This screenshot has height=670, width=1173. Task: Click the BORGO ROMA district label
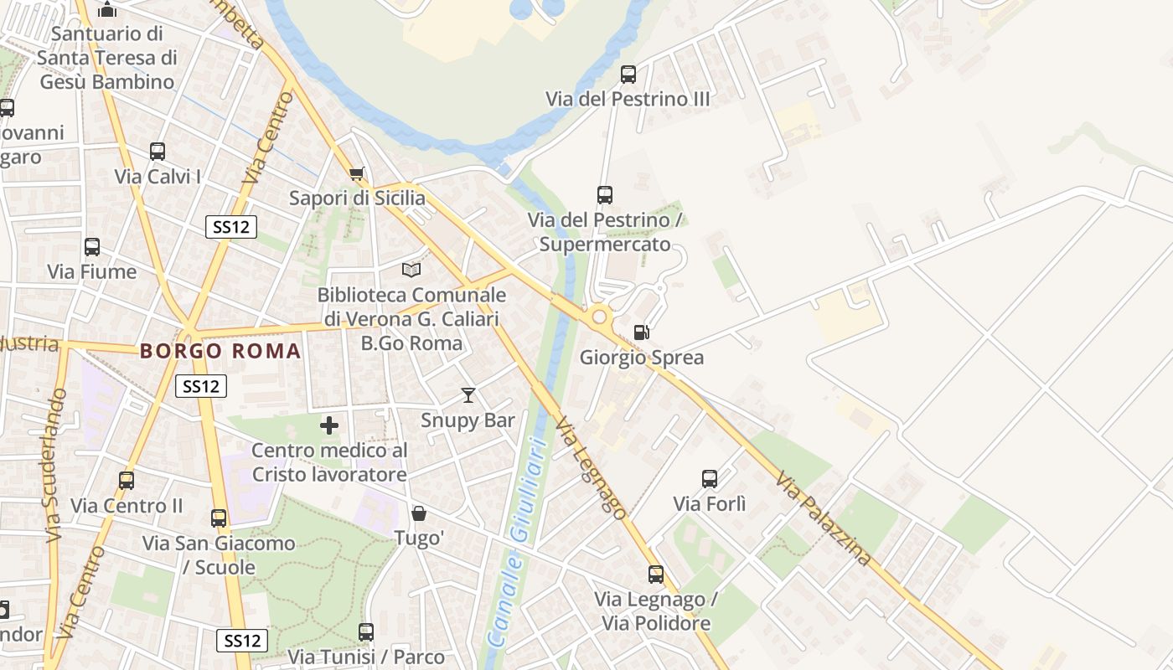point(220,351)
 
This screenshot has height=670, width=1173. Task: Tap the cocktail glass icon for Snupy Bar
point(468,395)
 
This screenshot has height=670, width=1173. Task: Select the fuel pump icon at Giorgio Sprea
point(641,332)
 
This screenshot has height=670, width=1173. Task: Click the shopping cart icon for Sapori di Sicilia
point(357,174)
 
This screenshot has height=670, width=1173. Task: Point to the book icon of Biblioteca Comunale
point(411,270)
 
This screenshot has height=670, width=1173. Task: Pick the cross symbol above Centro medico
point(329,425)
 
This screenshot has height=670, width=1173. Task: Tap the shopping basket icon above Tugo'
point(418,513)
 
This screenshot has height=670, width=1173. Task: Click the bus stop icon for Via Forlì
point(710,479)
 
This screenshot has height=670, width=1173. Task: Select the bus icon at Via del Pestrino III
point(628,75)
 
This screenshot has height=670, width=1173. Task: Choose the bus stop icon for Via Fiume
point(92,247)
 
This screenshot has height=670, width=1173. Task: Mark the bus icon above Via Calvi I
point(158,152)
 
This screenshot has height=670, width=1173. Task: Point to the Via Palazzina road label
point(824,518)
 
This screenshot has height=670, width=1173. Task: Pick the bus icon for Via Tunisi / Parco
point(366,632)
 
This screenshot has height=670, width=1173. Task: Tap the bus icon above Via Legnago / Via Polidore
point(656,575)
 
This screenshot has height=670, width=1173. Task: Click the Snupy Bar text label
point(468,420)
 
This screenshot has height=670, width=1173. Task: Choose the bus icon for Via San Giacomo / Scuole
point(219,518)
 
